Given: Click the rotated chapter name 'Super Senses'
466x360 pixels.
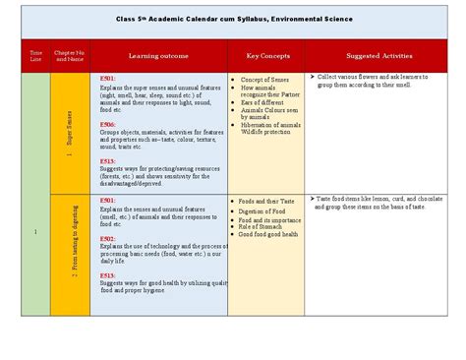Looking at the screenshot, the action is coord(71,134).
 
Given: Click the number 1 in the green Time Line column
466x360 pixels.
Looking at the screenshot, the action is coord(35,232).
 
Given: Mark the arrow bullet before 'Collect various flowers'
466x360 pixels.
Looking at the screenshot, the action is coord(311,76).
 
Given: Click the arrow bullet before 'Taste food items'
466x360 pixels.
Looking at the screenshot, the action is coord(311,199).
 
